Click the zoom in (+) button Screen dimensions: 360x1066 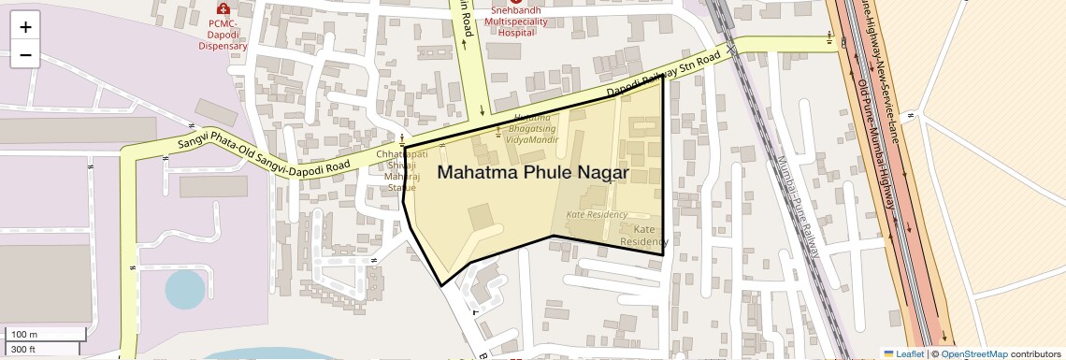[25, 27]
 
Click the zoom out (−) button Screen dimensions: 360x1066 [25, 55]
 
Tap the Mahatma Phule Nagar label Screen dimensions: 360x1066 [532, 173]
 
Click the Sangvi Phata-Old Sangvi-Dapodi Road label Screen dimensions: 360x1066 [264, 154]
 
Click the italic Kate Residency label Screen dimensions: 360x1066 [597, 214]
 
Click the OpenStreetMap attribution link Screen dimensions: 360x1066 [975, 353]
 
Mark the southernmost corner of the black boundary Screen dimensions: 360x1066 [442, 284]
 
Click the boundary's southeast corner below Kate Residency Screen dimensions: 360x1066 [663, 253]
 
